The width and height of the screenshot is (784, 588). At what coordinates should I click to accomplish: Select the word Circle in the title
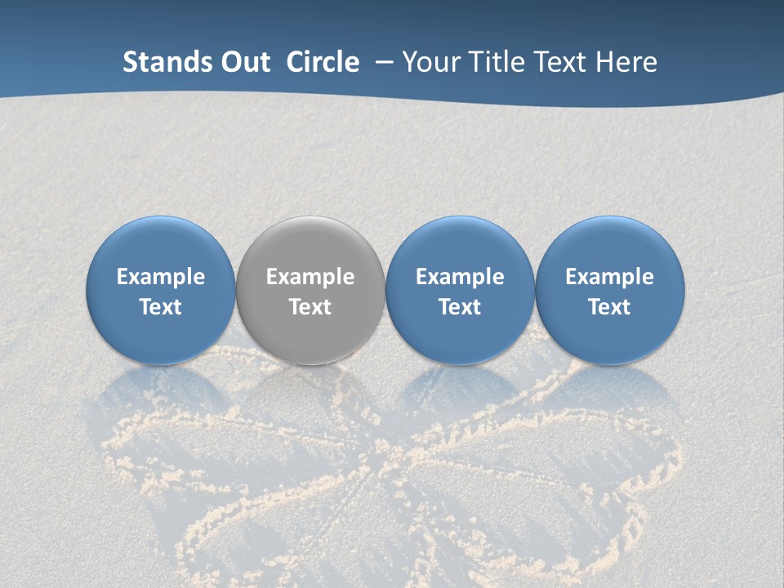323,62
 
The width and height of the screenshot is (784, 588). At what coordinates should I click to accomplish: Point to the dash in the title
381,62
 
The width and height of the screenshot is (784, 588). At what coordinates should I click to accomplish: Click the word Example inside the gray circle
310,278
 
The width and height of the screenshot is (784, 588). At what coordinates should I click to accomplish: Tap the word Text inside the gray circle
310,307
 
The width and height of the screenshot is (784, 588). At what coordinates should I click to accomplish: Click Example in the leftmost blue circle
161,278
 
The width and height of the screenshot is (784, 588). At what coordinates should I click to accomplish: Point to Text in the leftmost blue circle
161,307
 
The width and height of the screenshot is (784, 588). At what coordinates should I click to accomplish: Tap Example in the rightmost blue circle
610,278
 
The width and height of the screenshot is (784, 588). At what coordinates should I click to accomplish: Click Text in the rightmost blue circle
610,307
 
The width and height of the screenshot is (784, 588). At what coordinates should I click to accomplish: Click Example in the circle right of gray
460,278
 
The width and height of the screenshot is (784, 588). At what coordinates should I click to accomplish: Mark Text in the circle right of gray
460,307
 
